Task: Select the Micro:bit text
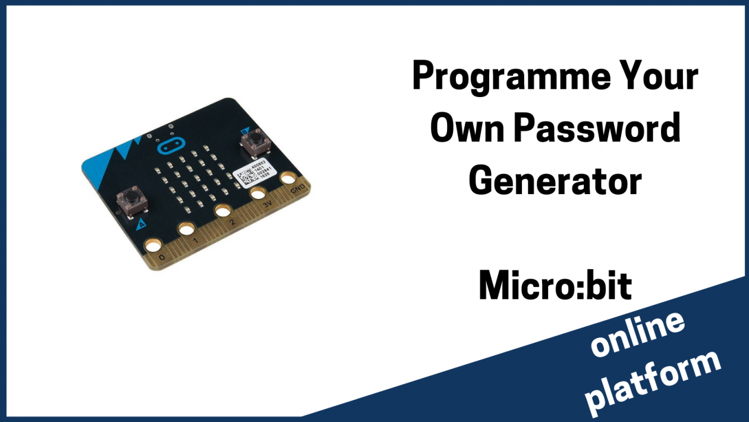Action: point(555,286)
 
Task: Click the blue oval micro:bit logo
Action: point(169,148)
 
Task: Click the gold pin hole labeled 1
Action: point(186,228)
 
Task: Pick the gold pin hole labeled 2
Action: point(223,210)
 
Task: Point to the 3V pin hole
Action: point(257,193)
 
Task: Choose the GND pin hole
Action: point(288,178)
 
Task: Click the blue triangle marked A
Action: point(141,224)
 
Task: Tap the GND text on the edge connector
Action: point(298,190)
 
